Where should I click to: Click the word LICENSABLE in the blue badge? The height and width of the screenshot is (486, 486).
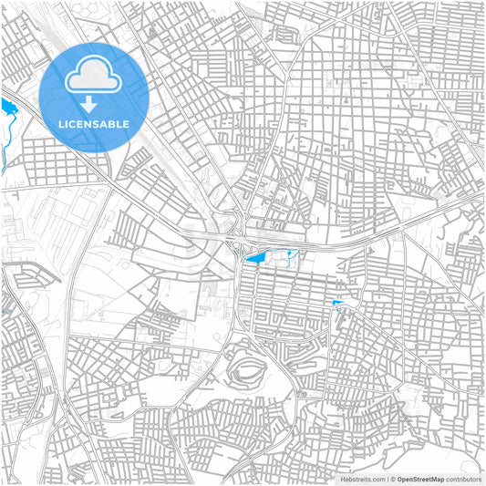94,124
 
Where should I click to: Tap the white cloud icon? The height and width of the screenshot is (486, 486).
94,74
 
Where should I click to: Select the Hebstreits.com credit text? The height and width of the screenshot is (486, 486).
362,479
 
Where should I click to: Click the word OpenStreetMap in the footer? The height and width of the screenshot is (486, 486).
420,479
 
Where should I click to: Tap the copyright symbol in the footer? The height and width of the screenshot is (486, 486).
391,479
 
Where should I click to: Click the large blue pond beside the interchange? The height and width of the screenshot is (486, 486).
255,260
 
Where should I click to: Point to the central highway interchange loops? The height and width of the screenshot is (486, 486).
233,239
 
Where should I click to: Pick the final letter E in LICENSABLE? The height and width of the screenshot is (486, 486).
126,124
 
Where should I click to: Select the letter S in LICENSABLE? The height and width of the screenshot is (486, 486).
94,124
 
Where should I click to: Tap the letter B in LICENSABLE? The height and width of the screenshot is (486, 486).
111,124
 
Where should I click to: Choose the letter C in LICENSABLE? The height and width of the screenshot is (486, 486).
72,124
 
